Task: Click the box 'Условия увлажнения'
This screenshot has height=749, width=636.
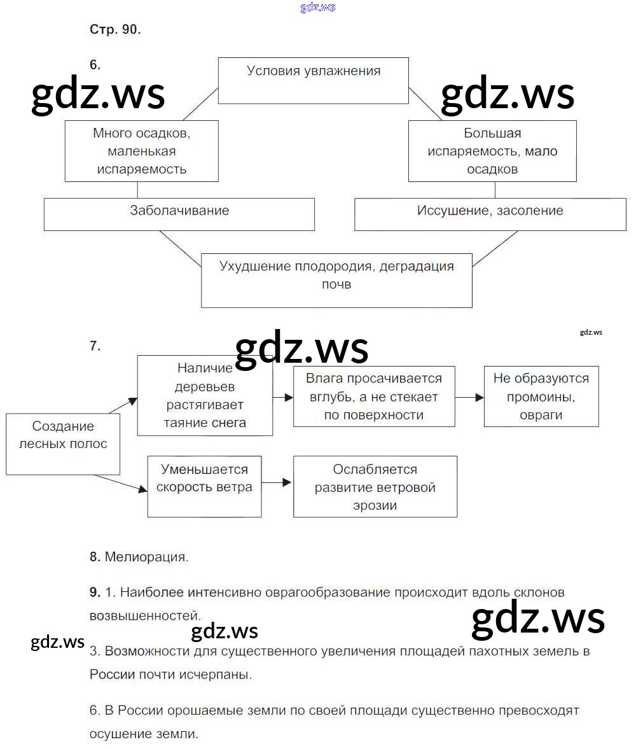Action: pyautogui.click(x=314, y=80)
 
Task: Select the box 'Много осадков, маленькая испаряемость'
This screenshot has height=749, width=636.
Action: pyautogui.click(x=141, y=151)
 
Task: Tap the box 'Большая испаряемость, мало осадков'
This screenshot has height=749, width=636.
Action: pyautogui.click(x=492, y=151)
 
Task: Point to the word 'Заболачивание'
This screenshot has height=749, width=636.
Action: pyautogui.click(x=179, y=210)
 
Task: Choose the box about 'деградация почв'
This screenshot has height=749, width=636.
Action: pyautogui.click(x=336, y=280)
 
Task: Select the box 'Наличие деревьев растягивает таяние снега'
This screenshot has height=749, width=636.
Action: pyautogui.click(x=205, y=395)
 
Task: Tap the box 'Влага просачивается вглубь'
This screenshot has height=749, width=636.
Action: pyautogui.click(x=374, y=396)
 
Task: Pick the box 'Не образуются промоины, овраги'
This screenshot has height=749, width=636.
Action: pyautogui.click(x=541, y=396)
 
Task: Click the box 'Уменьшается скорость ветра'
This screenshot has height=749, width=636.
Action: pyautogui.click(x=204, y=486)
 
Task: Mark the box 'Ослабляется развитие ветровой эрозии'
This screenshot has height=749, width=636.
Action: pyautogui.click(x=375, y=486)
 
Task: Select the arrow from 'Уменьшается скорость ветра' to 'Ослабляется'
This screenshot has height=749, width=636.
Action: pyautogui.click(x=277, y=483)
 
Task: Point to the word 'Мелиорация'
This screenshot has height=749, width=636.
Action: pyautogui.click(x=146, y=557)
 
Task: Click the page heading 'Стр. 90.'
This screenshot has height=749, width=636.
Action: pyautogui.click(x=115, y=30)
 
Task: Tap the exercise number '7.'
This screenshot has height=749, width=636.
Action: pyautogui.click(x=95, y=346)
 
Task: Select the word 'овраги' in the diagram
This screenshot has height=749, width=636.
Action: pyautogui.click(x=541, y=415)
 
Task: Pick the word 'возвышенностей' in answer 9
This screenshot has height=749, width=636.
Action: pyautogui.click(x=144, y=616)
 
